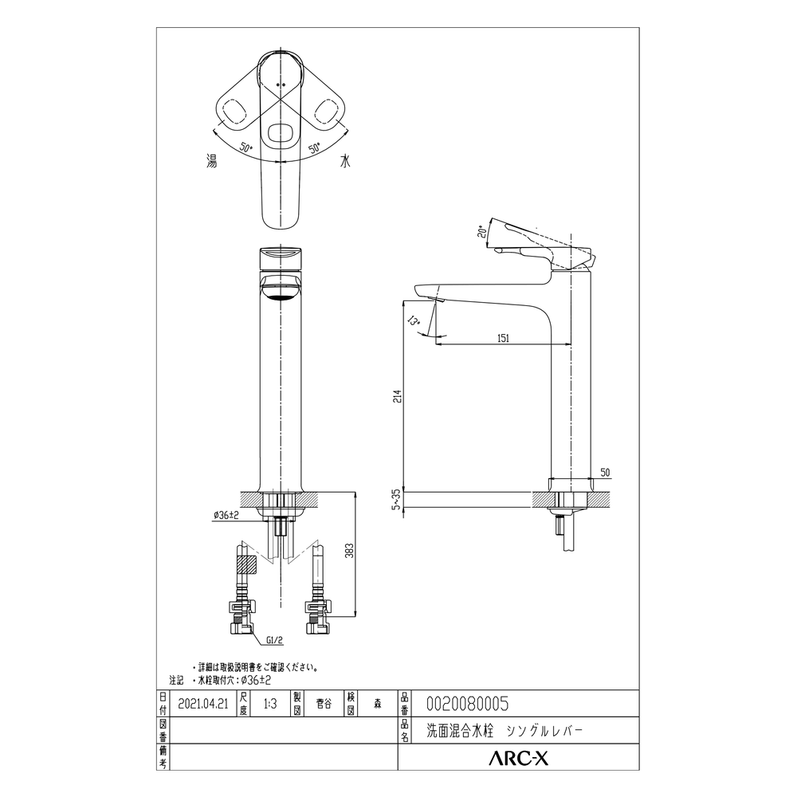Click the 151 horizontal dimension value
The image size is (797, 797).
pyautogui.click(x=503, y=338)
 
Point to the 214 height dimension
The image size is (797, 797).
pyautogui.click(x=398, y=396)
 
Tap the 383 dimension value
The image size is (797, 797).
pyautogui.click(x=350, y=551)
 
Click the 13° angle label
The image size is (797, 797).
pyautogui.click(x=414, y=320)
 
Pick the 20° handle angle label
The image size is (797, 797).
pyautogui.click(x=482, y=232)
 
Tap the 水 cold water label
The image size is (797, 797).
pyautogui.click(x=345, y=162)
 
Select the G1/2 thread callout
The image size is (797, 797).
pyautogui.click(x=274, y=641)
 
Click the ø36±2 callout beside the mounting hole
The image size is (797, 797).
pyautogui.click(x=226, y=515)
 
